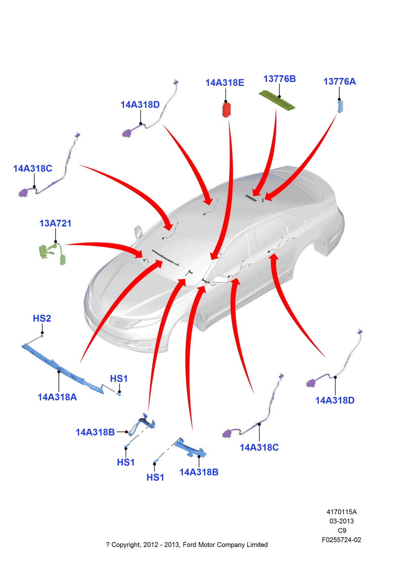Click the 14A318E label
point(225,83)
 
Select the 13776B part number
point(279,79)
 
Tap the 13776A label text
point(339,82)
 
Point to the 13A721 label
point(55,223)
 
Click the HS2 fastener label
point(42,319)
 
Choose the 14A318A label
point(57,397)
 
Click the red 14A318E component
point(226,109)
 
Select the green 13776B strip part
point(277,100)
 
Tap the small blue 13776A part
point(340,106)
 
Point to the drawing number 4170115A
point(341,512)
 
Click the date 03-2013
point(341,521)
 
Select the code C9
point(342,531)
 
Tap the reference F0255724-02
point(341,540)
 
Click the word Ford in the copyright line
point(189,545)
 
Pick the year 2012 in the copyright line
point(150,545)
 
